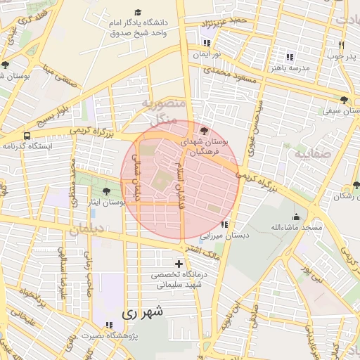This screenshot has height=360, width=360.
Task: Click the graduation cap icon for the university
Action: (138, 13)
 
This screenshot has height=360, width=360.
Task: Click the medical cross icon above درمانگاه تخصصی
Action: (179, 264)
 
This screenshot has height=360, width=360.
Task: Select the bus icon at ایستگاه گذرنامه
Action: (27, 135)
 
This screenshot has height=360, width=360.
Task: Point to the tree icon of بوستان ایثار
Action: (106, 191)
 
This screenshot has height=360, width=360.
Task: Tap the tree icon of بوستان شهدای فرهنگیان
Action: (204, 131)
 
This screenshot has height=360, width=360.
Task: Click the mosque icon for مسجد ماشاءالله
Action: (296, 217)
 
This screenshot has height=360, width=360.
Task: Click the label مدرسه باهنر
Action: (289, 68)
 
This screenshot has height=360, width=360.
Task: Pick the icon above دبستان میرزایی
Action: (224, 224)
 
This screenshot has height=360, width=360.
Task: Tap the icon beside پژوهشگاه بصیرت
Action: (108, 325)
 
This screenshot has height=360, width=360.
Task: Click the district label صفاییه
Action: (309, 153)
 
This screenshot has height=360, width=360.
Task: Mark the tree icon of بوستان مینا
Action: (6, 65)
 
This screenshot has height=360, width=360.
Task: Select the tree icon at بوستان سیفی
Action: (344, 100)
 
